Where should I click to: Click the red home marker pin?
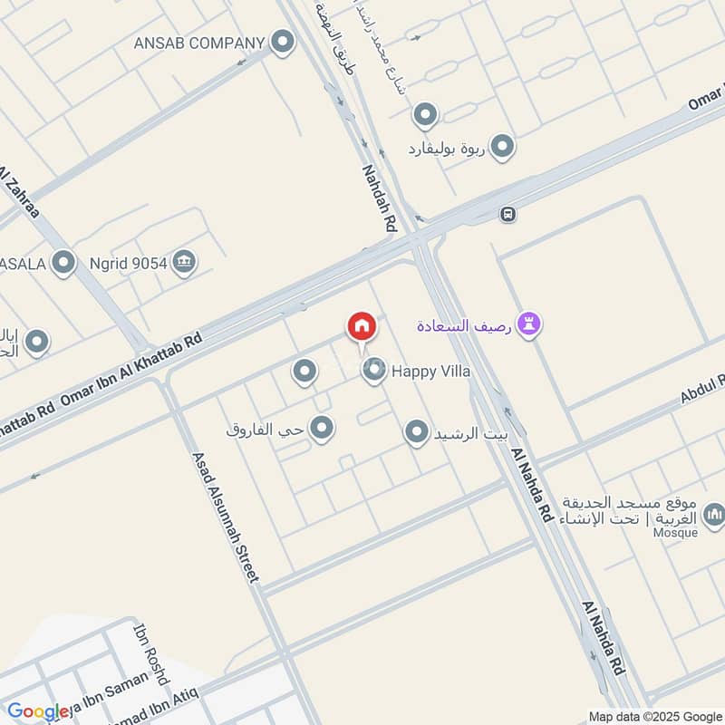pyautogui.click(x=361, y=326)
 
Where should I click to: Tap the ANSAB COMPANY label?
pyautogui.click(x=198, y=43)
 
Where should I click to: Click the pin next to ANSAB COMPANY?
pyautogui.click(x=284, y=42)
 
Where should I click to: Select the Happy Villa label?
pyautogui.click(x=430, y=371)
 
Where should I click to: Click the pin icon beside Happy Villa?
pyautogui.click(x=373, y=369)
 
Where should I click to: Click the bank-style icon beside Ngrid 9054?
pyautogui.click(x=185, y=262)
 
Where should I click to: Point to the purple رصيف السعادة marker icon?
pyautogui.click(x=530, y=324)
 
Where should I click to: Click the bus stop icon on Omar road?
pyautogui.click(x=508, y=214)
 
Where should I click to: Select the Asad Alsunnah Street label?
pyautogui.click(x=226, y=517)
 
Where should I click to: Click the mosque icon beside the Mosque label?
pyautogui.click(x=713, y=517)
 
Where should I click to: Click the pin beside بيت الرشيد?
pyautogui.click(x=416, y=432)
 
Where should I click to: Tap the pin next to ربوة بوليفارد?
pyautogui.click(x=502, y=146)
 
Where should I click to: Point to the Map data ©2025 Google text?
pyautogui.click(x=656, y=716)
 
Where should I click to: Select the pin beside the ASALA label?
pyautogui.click(x=63, y=264)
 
